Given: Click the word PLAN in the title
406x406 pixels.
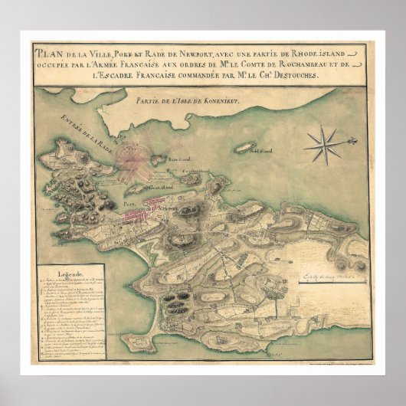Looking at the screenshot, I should coord(49,54).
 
